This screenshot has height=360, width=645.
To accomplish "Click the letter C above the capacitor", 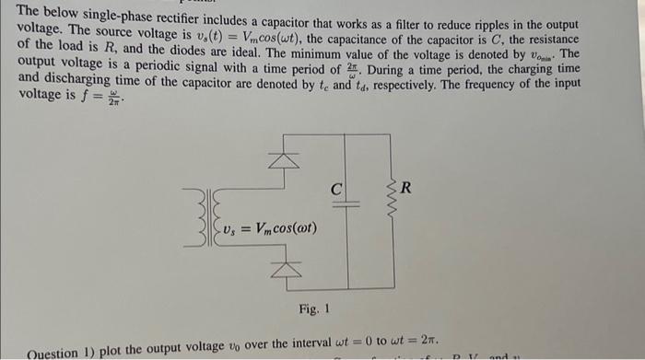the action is pos(338,188).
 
